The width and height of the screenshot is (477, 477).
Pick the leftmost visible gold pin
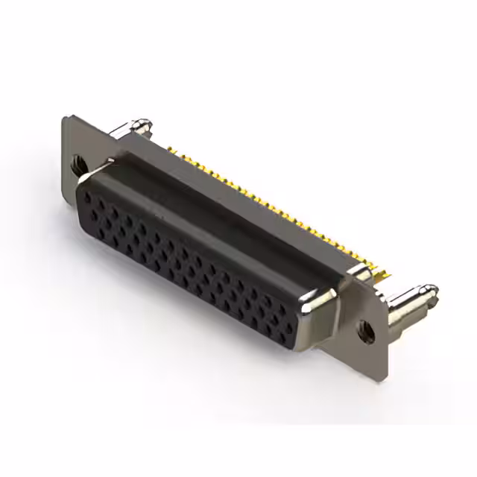click(171, 150)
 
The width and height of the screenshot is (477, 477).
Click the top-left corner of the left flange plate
click(65, 117)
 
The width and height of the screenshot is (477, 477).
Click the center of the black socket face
click(186, 261)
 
